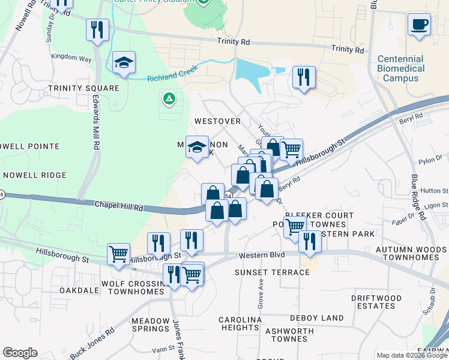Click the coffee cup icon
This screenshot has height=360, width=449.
(x=419, y=25)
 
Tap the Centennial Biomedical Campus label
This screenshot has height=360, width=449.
(x=400, y=68)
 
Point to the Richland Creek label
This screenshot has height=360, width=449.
(x=172, y=77)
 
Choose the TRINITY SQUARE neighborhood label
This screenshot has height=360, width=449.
(x=84, y=88)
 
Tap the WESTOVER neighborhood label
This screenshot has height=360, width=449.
(x=217, y=121)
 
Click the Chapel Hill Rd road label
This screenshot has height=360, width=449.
(x=119, y=206)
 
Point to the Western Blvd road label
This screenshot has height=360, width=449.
(x=261, y=256)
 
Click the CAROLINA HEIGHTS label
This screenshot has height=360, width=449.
(x=239, y=323)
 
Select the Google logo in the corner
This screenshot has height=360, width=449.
(x=20, y=353)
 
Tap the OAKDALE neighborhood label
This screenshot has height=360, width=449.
(x=79, y=290)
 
